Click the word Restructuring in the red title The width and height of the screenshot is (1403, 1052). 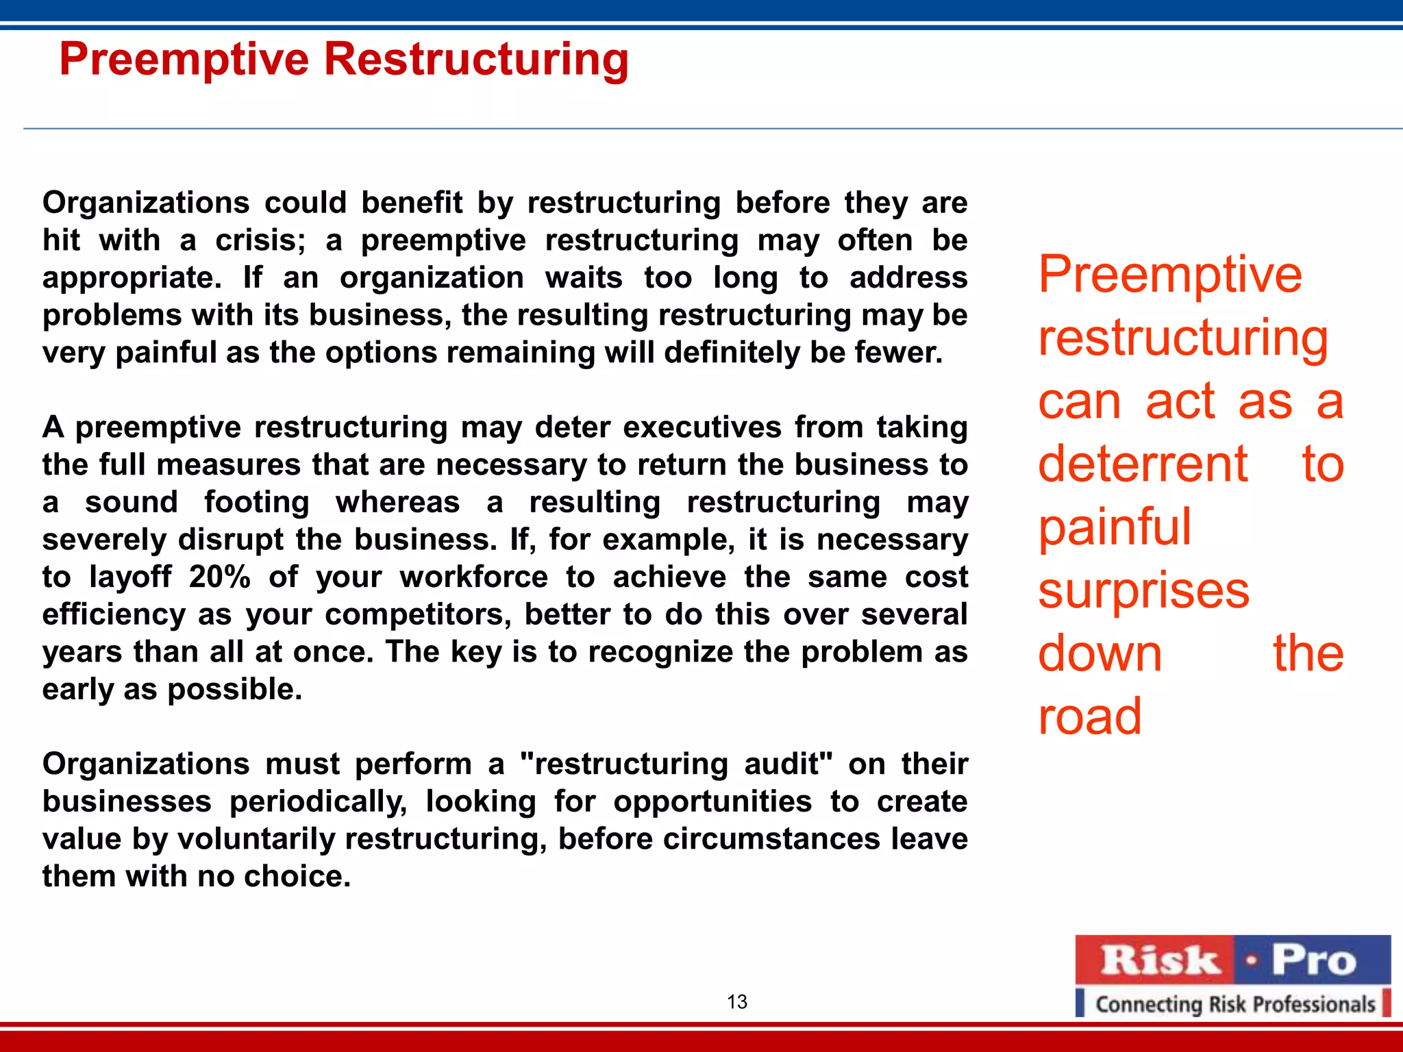(475, 60)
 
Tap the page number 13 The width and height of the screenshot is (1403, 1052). (736, 1002)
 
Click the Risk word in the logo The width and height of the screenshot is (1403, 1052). (1159, 960)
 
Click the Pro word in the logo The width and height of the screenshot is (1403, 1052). (1313, 960)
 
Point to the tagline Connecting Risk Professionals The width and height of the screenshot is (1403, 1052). (1234, 1004)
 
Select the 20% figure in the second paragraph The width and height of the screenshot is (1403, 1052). (220, 577)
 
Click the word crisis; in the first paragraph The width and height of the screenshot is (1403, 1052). (260, 240)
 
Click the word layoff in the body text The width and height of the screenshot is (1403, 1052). (130, 577)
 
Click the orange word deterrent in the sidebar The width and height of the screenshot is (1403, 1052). (1143, 464)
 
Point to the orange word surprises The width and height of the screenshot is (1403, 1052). (1143, 590)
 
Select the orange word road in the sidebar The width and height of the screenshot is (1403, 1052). (1089, 716)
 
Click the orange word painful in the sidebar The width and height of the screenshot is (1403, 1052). (1115, 527)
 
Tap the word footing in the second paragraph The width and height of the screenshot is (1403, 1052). (256, 502)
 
